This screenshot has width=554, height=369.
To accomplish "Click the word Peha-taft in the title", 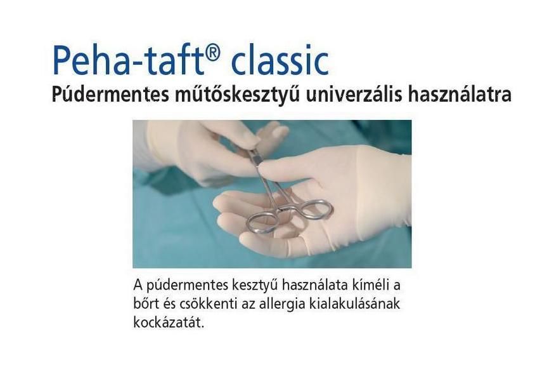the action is tap(131, 60).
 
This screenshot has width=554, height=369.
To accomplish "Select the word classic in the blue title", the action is tap(280, 60).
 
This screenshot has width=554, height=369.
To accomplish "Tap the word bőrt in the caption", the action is tap(146, 304).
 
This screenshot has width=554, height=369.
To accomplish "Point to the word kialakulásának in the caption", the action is tap(354, 304).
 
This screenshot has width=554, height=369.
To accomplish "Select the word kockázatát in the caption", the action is tap(169, 322).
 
